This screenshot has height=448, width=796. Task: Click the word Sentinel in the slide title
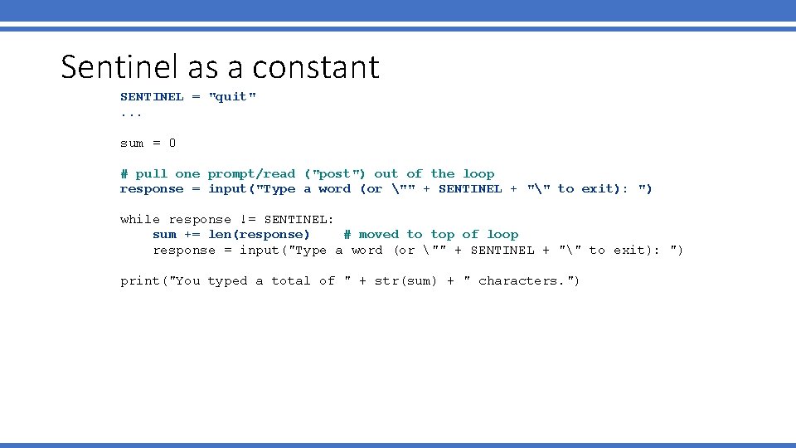pyautogui.click(x=113, y=66)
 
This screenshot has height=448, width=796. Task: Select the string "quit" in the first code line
pyautogui.click(x=232, y=97)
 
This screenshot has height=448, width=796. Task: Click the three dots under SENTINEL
pyautogui.click(x=131, y=113)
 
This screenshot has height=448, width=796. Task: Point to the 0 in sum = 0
pyautogui.click(x=172, y=144)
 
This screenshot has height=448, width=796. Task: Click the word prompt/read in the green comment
pyautogui.click(x=251, y=174)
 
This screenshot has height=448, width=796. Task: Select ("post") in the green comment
pyautogui.click(x=335, y=174)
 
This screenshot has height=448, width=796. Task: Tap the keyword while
pyautogui.click(x=140, y=220)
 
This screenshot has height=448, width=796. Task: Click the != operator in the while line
pyautogui.click(x=247, y=220)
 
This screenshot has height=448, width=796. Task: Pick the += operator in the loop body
pyautogui.click(x=192, y=235)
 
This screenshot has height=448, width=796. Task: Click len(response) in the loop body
pyautogui.click(x=259, y=235)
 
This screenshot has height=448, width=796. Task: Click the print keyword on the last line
pyautogui.click(x=140, y=281)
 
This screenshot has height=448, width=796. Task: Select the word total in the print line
pyautogui.click(x=291, y=281)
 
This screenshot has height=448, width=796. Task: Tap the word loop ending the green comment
pyautogui.click(x=478, y=174)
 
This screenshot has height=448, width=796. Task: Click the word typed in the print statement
pyautogui.click(x=227, y=281)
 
